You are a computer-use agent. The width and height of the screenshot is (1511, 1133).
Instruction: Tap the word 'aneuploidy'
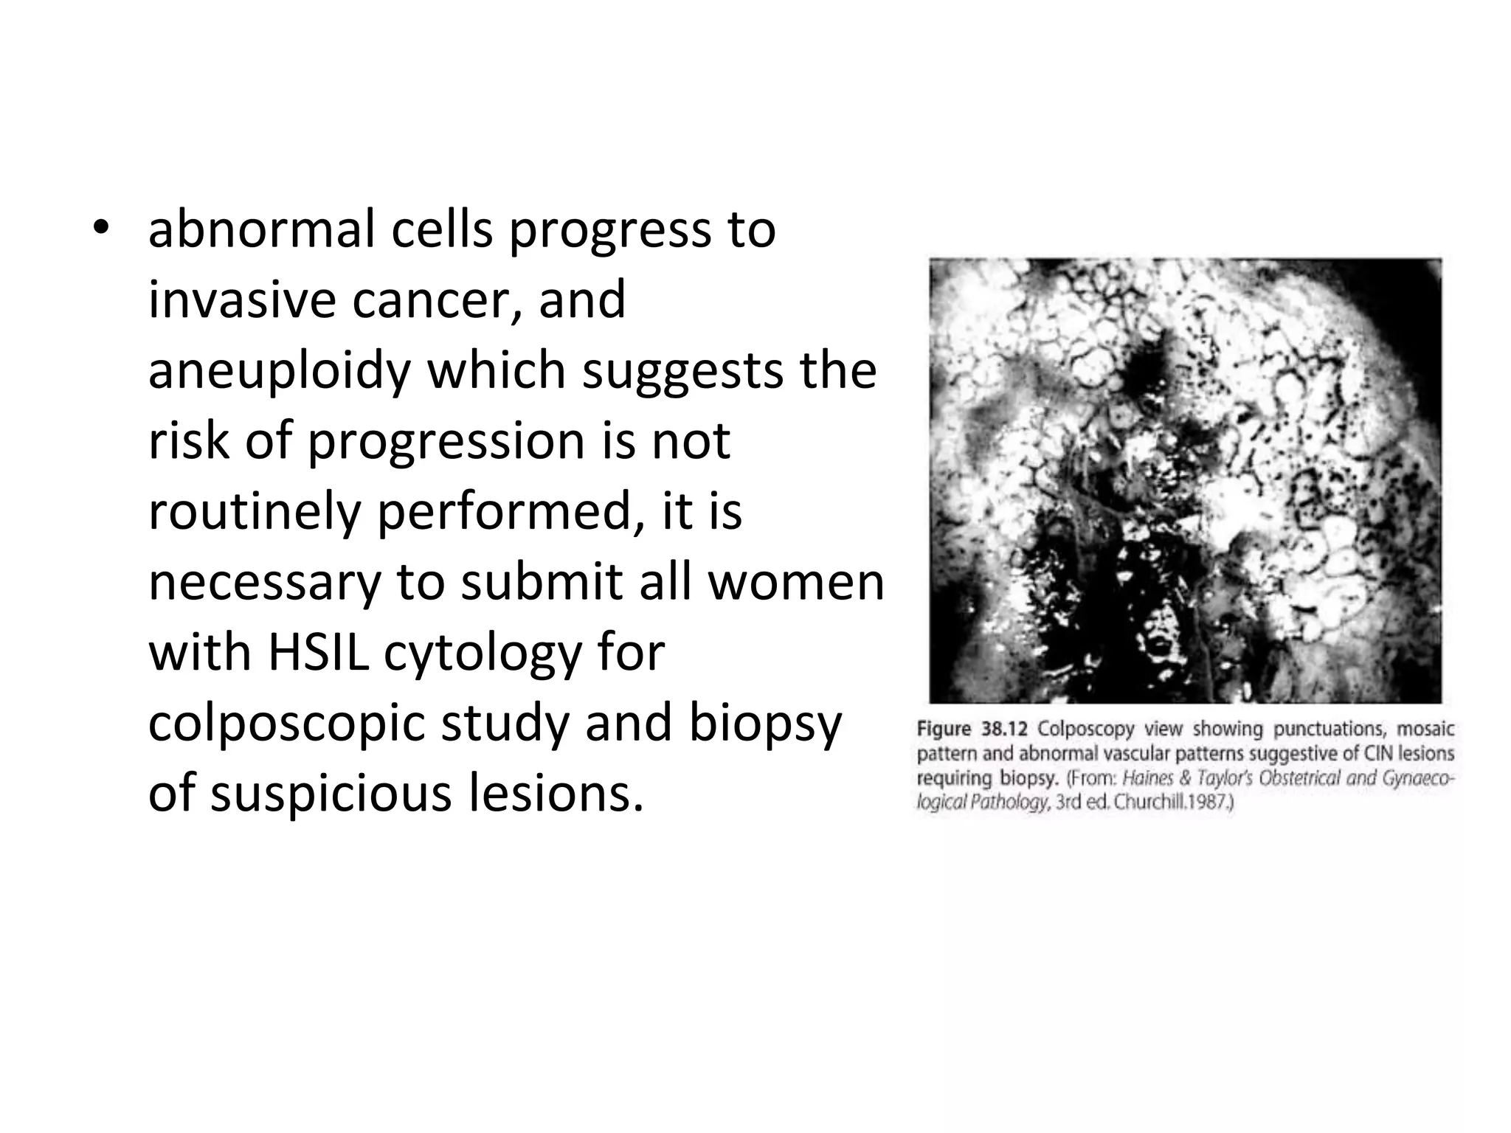point(280,371)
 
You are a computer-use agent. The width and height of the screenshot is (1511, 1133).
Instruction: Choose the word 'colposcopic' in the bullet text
point(286,724)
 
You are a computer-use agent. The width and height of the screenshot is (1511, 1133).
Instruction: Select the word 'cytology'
point(483,654)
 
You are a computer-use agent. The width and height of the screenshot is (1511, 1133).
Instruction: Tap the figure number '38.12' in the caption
point(1004,729)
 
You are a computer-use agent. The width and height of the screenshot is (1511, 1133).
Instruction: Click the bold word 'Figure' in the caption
point(944,730)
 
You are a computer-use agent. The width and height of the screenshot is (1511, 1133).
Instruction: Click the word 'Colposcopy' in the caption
point(1085,730)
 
